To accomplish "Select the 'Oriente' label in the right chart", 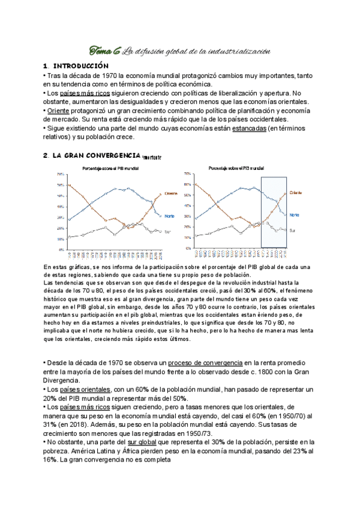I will [295, 193].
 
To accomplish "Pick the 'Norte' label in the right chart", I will [294, 214].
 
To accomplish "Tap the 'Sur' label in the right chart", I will [292, 230].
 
